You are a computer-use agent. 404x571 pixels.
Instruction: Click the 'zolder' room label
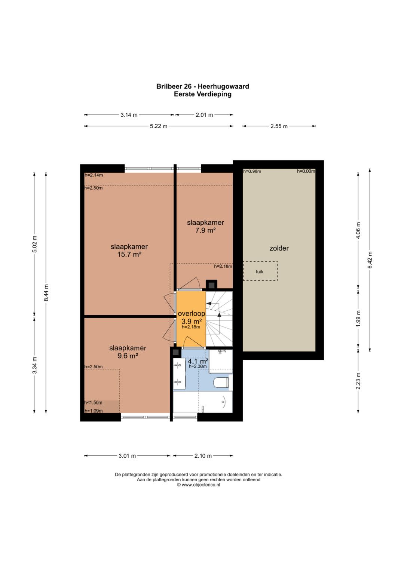279,248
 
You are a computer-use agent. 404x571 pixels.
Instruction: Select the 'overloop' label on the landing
192,313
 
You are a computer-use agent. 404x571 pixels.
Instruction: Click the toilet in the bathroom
221,383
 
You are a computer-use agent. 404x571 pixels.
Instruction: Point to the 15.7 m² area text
129,254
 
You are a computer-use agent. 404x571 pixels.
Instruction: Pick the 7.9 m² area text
205,230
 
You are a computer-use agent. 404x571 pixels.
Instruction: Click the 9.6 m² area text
128,356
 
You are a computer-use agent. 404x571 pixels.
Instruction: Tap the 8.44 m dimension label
46,293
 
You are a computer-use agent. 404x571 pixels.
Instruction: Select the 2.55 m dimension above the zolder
279,126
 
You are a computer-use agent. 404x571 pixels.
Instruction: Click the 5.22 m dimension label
159,126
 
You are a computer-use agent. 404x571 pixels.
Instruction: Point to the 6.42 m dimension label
370,260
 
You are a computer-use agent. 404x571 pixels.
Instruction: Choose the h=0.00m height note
306,171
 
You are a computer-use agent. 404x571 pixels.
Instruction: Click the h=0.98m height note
252,171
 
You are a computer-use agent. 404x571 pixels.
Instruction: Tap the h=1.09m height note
94,411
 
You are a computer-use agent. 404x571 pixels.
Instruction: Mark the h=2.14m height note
94,175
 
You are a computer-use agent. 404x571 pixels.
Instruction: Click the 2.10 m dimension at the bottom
203,456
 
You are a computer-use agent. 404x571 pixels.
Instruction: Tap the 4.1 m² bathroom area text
198,361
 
